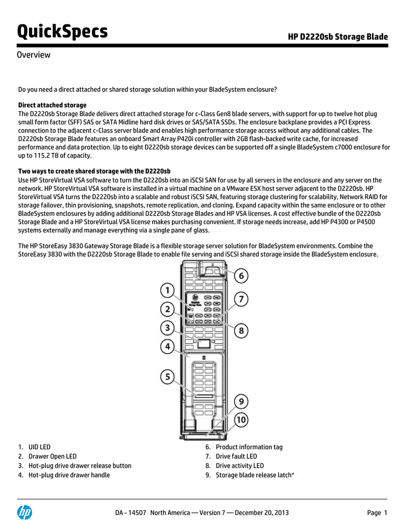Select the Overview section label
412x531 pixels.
[34, 55]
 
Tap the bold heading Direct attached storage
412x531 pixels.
[52, 105]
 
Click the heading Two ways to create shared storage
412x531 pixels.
[94, 171]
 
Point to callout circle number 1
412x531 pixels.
[167, 290]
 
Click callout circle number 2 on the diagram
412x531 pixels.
[167, 310]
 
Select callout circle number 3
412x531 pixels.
[167, 328]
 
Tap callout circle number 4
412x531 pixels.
[167, 346]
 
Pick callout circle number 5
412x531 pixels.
[167, 378]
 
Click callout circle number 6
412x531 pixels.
[240, 276]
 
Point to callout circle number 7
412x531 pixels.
[240, 299]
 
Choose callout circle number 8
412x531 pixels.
[240, 330]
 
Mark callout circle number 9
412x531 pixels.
[240, 402]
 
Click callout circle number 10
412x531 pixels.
[240, 420]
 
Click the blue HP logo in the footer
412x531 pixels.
[24, 512]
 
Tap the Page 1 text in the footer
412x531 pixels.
[377, 513]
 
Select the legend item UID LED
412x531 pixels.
[39, 447]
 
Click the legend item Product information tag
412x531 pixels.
[249, 447]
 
